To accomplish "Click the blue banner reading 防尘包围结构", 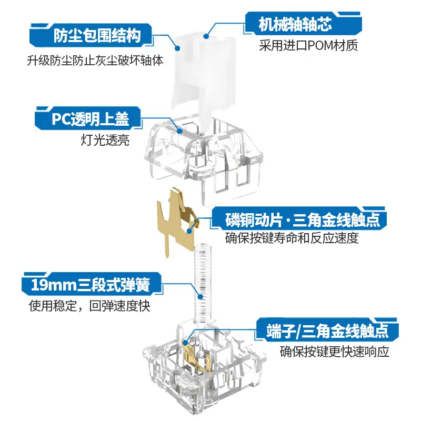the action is [x=91, y=35].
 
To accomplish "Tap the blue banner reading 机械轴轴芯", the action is [x=304, y=24].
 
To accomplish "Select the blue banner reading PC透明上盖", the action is [x=88, y=118].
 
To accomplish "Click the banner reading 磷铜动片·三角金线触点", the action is [x=298, y=219].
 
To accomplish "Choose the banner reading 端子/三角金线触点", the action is [x=327, y=330].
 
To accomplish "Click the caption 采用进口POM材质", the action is [x=308, y=46].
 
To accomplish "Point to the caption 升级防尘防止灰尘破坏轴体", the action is [x=95, y=61].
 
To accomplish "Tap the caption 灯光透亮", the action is [x=105, y=140].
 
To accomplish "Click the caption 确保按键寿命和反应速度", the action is [x=292, y=238].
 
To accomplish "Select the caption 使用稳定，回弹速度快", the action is [x=89, y=306].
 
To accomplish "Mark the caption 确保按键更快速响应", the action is [x=334, y=352].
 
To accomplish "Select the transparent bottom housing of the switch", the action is [x=205, y=370].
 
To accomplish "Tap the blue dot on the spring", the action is [x=201, y=297].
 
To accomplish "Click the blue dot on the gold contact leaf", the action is [x=189, y=230].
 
